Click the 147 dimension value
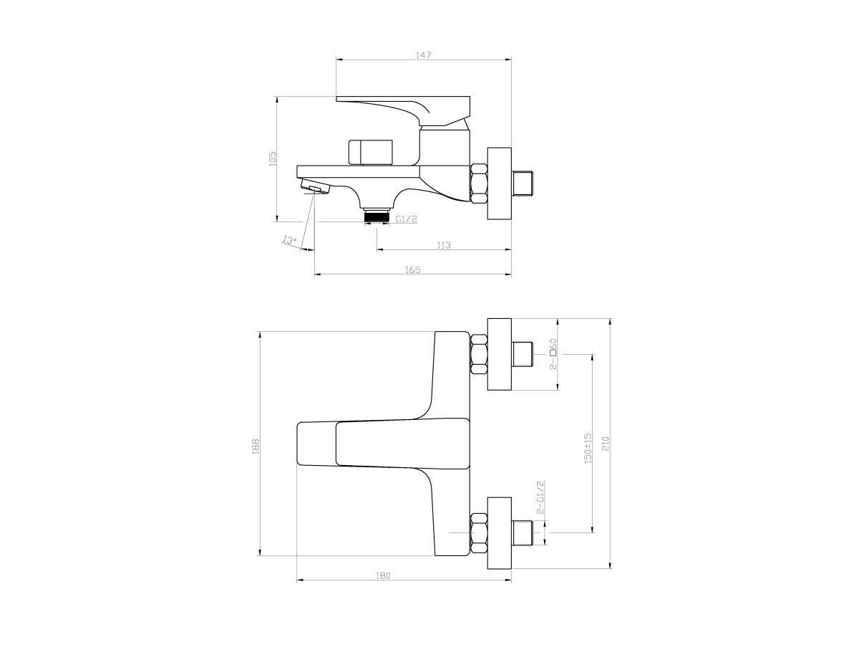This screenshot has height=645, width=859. tap(423, 55)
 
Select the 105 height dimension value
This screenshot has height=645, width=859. tap(273, 158)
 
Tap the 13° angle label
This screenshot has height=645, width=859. tap(290, 239)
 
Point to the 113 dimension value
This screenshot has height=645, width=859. tap(443, 245)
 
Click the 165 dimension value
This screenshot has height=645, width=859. tap(412, 270)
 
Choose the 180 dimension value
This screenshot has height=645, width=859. tap(383, 575)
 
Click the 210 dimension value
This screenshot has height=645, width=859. tap(606, 444)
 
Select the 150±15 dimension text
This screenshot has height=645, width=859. tap(588, 449)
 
